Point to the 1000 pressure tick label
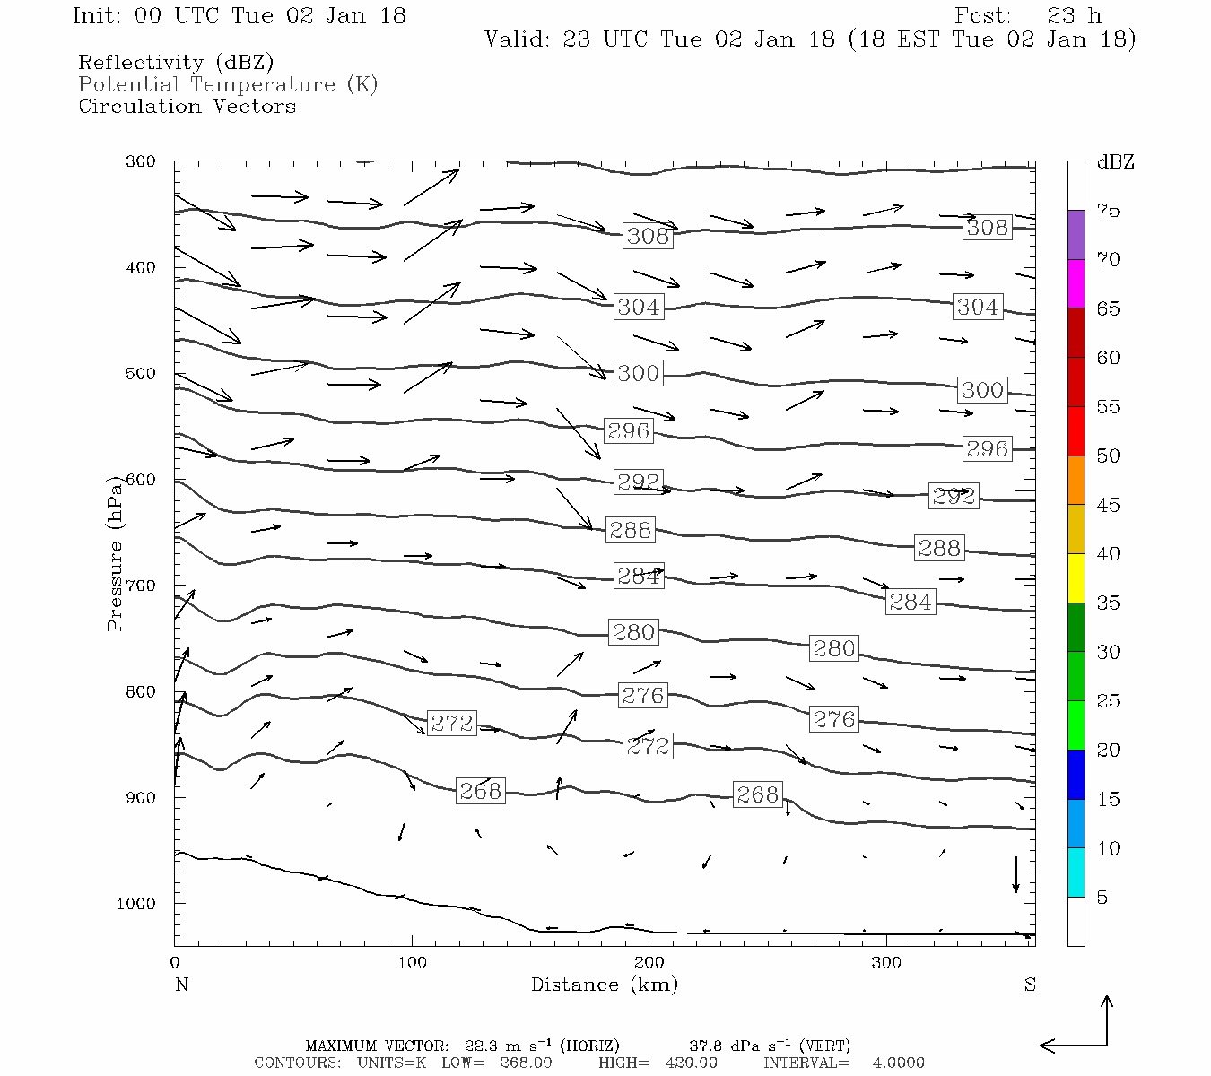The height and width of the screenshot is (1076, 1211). point(135,904)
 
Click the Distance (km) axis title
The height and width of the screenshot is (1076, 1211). point(604,985)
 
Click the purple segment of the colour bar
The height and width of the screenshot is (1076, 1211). point(1076,235)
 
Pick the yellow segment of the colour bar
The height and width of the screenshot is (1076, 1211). point(1076,578)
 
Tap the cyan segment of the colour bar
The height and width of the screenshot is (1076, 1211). point(1076,872)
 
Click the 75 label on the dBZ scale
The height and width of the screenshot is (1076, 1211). point(1108,211)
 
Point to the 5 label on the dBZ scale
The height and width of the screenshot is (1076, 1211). point(1102,898)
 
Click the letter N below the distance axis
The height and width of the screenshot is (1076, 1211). point(181,985)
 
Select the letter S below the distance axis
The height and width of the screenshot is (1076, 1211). point(1030,985)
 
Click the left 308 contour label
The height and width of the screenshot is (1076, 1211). point(648,236)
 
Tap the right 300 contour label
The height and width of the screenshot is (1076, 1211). point(982,390)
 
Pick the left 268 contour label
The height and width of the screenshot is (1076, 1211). point(480,791)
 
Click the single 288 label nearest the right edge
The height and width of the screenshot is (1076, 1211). point(939,548)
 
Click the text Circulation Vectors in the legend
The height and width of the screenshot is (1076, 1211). point(187,106)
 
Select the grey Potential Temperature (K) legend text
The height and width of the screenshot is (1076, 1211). point(228,84)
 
